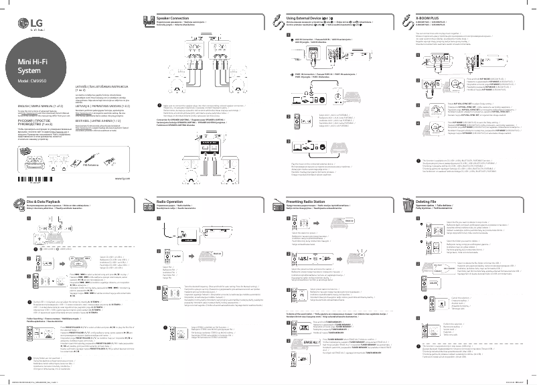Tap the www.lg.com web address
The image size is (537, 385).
(x=123, y=160)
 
